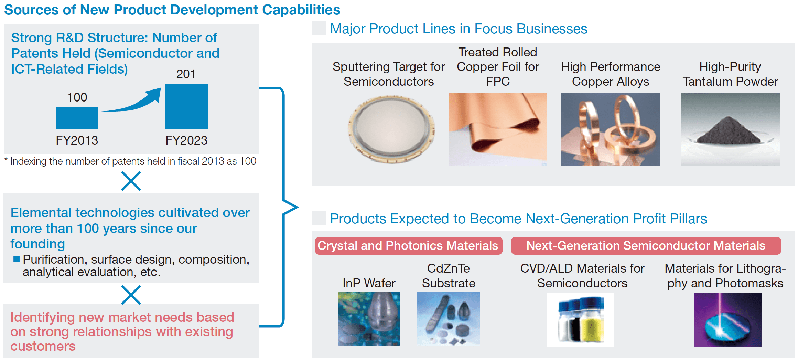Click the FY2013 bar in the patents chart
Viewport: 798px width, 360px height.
coord(77,118)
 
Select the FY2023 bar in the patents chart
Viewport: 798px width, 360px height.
coord(186,107)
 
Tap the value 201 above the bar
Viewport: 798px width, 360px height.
coord(186,74)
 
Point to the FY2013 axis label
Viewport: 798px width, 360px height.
coord(77,140)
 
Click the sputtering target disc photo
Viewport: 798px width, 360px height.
coord(391,129)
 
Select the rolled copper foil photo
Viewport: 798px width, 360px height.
coord(497,129)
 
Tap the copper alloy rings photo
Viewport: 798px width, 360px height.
coord(610,129)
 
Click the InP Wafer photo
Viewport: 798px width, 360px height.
coord(369,319)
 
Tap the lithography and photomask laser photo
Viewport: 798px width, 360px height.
coord(727,319)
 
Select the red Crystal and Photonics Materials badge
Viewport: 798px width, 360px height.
coord(408,246)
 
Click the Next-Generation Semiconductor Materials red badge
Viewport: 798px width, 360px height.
coord(646,246)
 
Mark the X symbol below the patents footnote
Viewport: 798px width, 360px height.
coord(131,181)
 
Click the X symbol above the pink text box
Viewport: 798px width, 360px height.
coord(131,295)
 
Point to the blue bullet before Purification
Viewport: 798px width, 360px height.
coord(16,259)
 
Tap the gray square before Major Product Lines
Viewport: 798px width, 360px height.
coord(319,28)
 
